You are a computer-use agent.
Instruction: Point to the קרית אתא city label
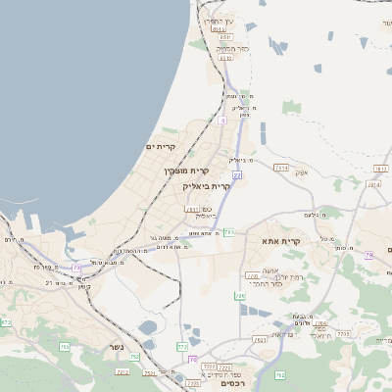point(280,240)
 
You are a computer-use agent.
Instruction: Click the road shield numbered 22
point(237,174)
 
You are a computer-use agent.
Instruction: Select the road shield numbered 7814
point(282,168)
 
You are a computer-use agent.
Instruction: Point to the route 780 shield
point(240,295)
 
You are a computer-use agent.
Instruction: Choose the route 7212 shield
point(122,372)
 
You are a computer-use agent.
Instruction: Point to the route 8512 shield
point(226,58)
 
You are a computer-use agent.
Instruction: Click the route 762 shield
point(279,374)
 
